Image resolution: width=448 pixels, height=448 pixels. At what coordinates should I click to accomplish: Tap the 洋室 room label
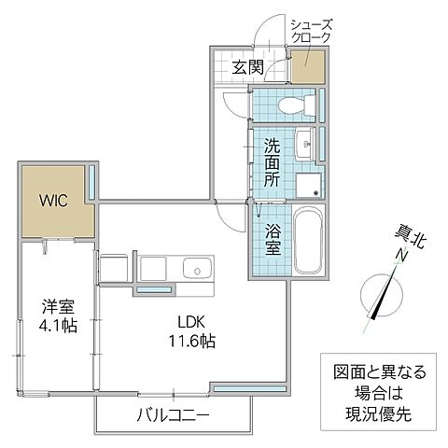[58, 307]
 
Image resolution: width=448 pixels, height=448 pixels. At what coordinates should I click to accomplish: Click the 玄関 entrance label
[247, 67]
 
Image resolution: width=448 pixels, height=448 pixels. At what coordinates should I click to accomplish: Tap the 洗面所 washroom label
[271, 162]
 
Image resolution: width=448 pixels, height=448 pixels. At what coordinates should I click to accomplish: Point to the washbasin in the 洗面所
[304, 143]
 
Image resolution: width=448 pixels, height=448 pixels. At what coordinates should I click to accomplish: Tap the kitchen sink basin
[197, 269]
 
